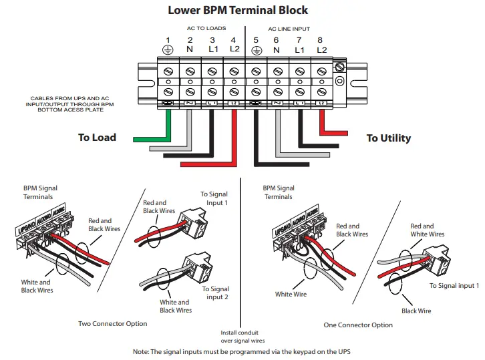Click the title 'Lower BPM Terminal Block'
click(237, 10)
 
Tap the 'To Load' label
click(97, 138)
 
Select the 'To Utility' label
click(388, 138)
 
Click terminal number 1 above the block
click(168, 40)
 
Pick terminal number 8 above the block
click(321, 40)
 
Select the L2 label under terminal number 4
click(234, 49)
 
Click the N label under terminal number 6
click(277, 49)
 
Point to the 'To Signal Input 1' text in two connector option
click(214, 198)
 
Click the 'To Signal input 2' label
click(215, 293)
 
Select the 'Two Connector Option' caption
click(112, 324)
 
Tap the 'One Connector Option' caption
click(359, 325)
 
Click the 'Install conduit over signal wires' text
click(239, 337)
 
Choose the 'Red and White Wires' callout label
click(427, 230)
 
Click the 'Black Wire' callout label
click(416, 311)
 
